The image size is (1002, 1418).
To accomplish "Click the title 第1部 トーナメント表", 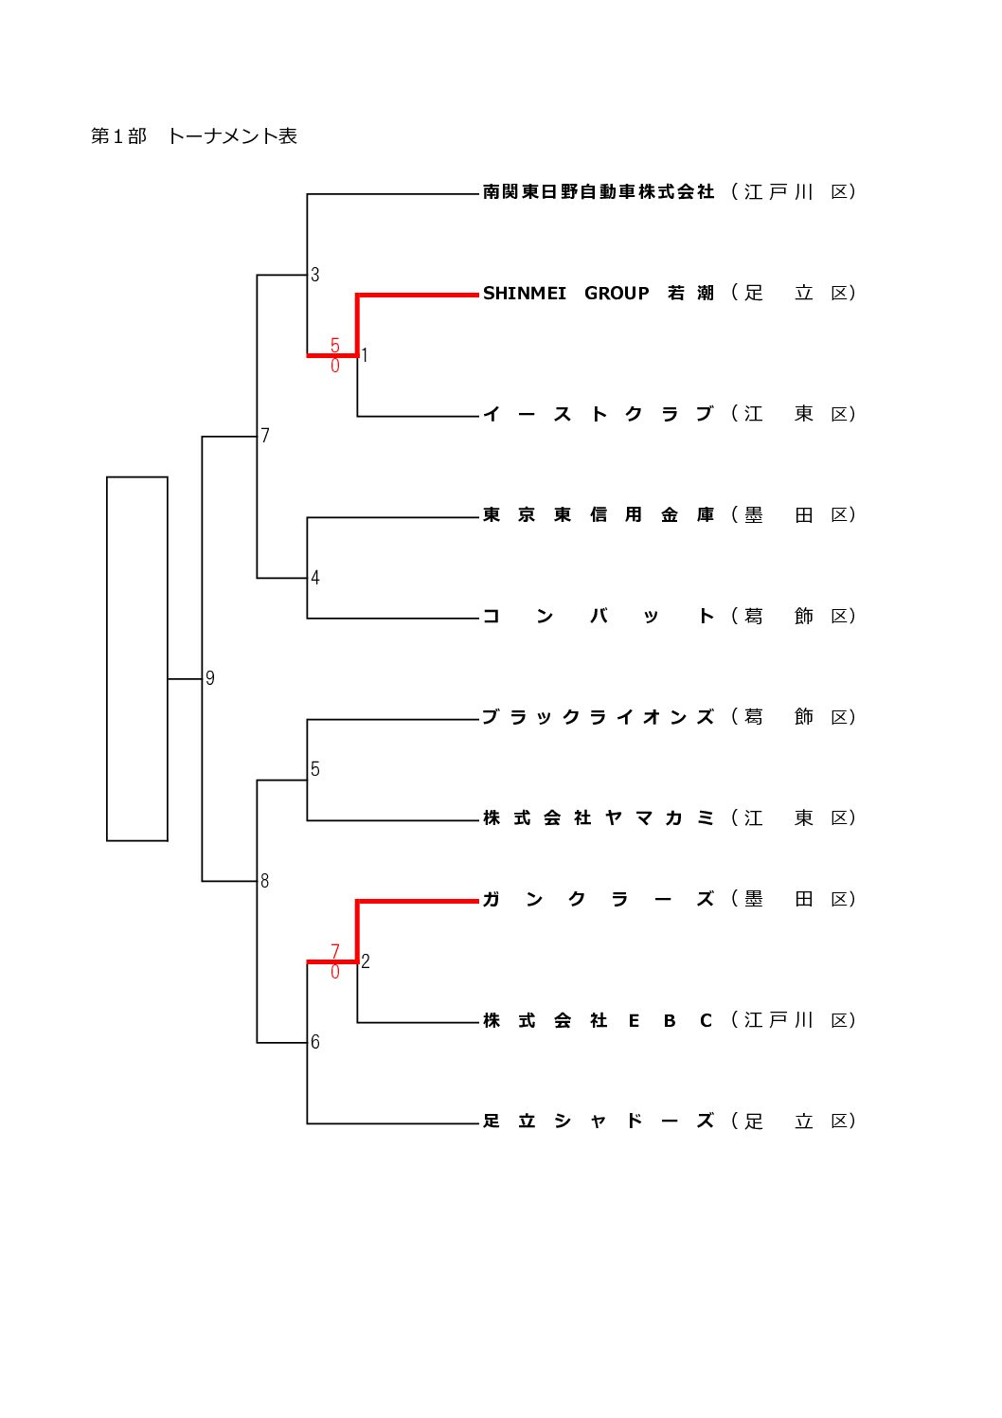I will pos(194,136).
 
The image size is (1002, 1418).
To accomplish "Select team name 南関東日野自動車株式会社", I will pos(598,192).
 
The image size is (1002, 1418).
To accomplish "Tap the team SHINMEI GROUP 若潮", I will pos(598,294).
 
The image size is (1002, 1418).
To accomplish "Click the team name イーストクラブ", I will pos(598,414).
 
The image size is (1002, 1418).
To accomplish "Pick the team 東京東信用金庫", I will pos(598,515).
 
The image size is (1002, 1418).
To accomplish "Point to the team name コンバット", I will pos(598,617).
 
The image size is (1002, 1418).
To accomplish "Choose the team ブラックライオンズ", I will pos(598,717).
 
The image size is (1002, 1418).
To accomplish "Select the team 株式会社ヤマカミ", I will pos(598,818).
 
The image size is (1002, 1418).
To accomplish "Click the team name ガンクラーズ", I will pos(598,900).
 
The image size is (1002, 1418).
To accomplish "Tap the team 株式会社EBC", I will pos(598,1021).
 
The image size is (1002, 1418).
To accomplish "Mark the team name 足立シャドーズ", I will pos(598,1122).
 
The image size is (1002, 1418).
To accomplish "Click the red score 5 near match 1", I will pos(335,346).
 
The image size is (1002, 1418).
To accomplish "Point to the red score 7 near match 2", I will pos(335,951).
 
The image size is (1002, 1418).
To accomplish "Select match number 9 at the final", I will pos(210,678).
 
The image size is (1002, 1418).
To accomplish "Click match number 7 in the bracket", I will pos(265,436).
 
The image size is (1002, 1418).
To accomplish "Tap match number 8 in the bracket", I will pos(264,881).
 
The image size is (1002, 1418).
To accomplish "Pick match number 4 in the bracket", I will pos(315,578).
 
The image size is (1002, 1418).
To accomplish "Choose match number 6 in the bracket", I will pos(315,1042).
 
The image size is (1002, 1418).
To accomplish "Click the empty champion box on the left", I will pos(137,658).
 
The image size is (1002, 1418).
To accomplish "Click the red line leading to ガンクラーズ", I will pos(417,901).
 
